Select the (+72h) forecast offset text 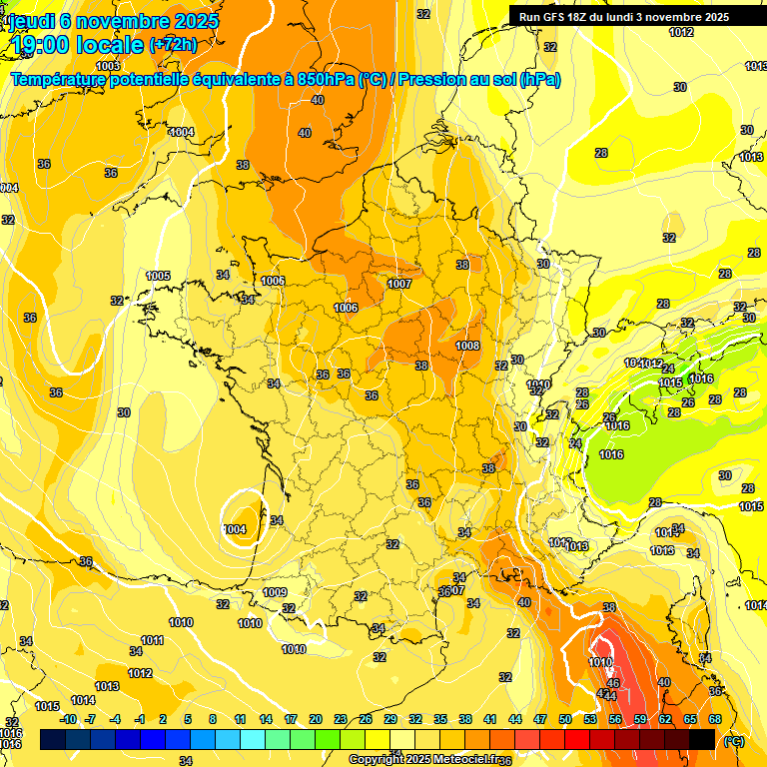pyautogui.click(x=173, y=45)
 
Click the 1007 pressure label pyautogui.click(x=399, y=284)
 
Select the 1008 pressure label pyautogui.click(x=467, y=346)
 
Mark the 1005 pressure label pyautogui.click(x=158, y=276)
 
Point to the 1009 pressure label pyautogui.click(x=276, y=592)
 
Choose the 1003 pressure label pyautogui.click(x=108, y=66)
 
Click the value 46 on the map pyautogui.click(x=613, y=683)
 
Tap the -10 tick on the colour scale pyautogui.click(x=68, y=719)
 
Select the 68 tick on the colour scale pyautogui.click(x=715, y=719)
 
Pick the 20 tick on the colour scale pyautogui.click(x=316, y=719)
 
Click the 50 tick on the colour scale pyautogui.click(x=565, y=719)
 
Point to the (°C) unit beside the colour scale pyautogui.click(x=734, y=740)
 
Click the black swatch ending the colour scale pyautogui.click(x=702, y=740)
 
